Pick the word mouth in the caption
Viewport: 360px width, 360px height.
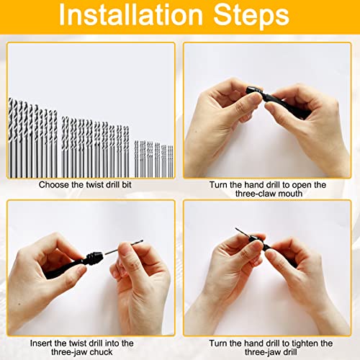(293, 194)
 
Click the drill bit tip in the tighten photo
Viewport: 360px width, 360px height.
(238, 230)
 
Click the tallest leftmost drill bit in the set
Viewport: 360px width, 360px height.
(12, 137)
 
